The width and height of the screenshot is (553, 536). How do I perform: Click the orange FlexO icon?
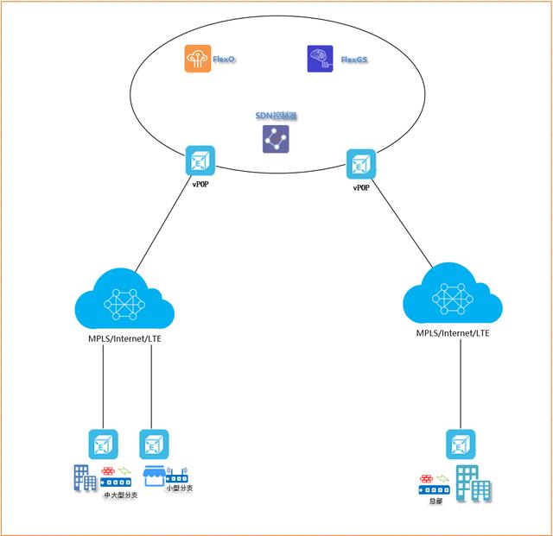(197, 60)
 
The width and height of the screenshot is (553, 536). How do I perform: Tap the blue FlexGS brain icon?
(320, 59)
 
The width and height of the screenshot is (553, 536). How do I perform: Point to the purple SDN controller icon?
(276, 139)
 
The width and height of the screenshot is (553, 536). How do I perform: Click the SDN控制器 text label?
(277, 116)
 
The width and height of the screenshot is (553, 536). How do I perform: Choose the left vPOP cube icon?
(200, 161)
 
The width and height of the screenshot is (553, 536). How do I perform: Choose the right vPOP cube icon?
(360, 164)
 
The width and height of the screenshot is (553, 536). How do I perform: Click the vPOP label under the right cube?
(361, 186)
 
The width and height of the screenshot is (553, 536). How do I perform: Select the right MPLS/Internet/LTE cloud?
(452, 298)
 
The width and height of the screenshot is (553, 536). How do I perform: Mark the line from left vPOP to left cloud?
(164, 226)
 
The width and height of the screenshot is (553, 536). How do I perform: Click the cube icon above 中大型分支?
(103, 445)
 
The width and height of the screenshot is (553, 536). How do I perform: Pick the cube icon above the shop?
(154, 445)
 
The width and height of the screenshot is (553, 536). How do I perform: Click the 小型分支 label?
(179, 488)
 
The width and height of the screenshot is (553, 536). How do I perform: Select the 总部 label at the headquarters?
(435, 500)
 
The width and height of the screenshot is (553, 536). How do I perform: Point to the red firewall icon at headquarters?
(425, 478)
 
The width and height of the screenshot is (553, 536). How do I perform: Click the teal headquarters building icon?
(472, 481)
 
